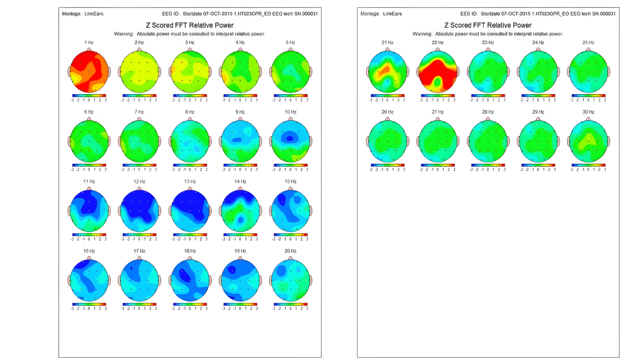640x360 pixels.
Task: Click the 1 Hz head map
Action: tap(89, 71)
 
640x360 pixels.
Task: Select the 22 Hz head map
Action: tap(438, 71)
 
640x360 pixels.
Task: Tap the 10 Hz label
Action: tap(290, 112)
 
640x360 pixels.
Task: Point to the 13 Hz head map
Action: tap(190, 210)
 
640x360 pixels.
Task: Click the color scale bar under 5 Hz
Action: tap(290, 95)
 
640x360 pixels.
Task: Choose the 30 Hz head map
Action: tap(589, 141)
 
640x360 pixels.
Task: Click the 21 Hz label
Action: tap(387, 43)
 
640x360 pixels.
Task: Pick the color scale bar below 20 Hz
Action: tap(290, 304)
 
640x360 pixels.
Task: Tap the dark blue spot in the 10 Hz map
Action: tap(290, 138)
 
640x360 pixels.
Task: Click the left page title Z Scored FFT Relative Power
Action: tap(190, 25)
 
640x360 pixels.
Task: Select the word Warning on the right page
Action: tap(422, 34)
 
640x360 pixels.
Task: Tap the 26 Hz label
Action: tap(387, 112)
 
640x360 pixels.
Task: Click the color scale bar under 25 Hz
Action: tap(589, 95)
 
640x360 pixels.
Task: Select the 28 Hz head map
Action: tap(488, 141)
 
